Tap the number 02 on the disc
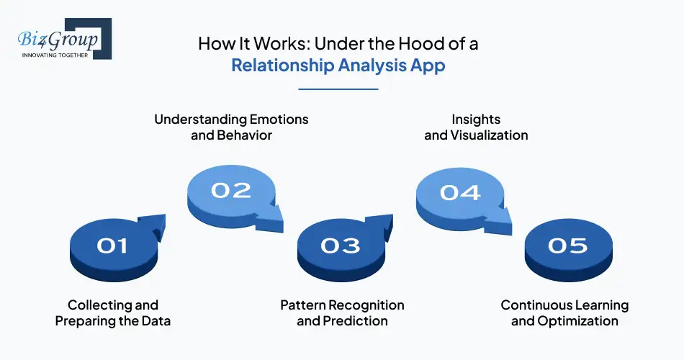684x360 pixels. click(x=230, y=190)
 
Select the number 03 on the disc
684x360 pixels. click(x=340, y=246)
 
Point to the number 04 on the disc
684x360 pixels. click(x=459, y=192)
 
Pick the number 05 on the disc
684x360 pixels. click(x=567, y=246)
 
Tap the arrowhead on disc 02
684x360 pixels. click(x=275, y=215)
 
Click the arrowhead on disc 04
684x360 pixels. click(x=503, y=217)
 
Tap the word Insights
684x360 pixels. click(x=476, y=119)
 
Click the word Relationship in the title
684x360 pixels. click(x=280, y=66)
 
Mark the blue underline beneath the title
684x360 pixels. click(x=338, y=89)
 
